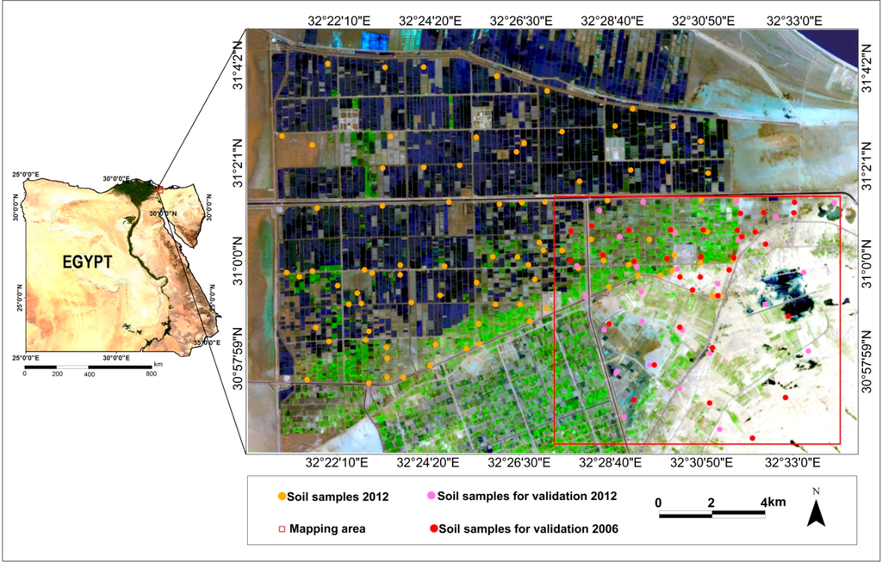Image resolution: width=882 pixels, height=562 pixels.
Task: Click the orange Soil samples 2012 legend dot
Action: click(282, 497)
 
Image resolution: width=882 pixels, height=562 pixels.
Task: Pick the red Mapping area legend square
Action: click(282, 528)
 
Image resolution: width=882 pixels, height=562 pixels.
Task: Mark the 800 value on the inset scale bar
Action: click(152, 374)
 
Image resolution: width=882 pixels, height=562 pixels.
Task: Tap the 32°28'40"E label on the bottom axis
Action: click(611, 462)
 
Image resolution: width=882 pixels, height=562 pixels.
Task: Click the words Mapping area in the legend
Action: click(326, 528)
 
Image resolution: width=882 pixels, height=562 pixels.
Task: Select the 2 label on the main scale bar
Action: click(711, 501)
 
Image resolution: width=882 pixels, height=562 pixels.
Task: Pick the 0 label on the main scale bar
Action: click(658, 501)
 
